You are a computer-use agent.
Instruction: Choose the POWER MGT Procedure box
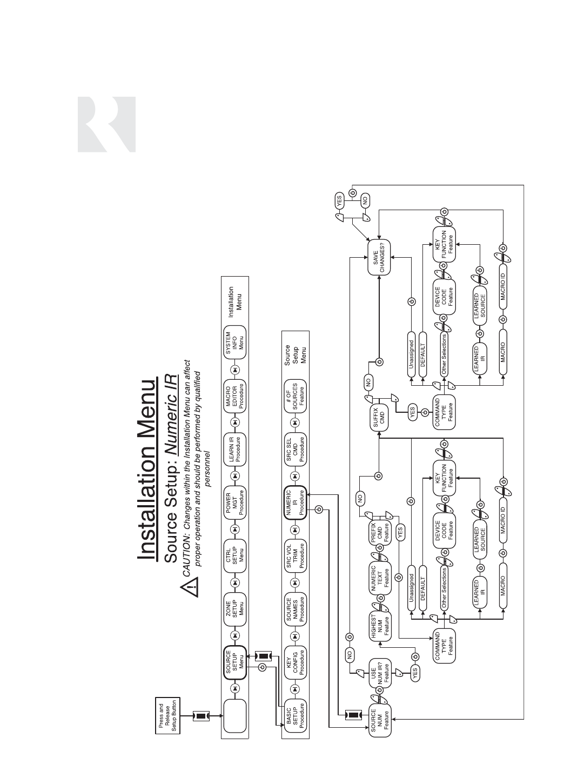[235, 501]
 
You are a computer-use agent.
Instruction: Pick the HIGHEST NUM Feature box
[380, 627]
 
